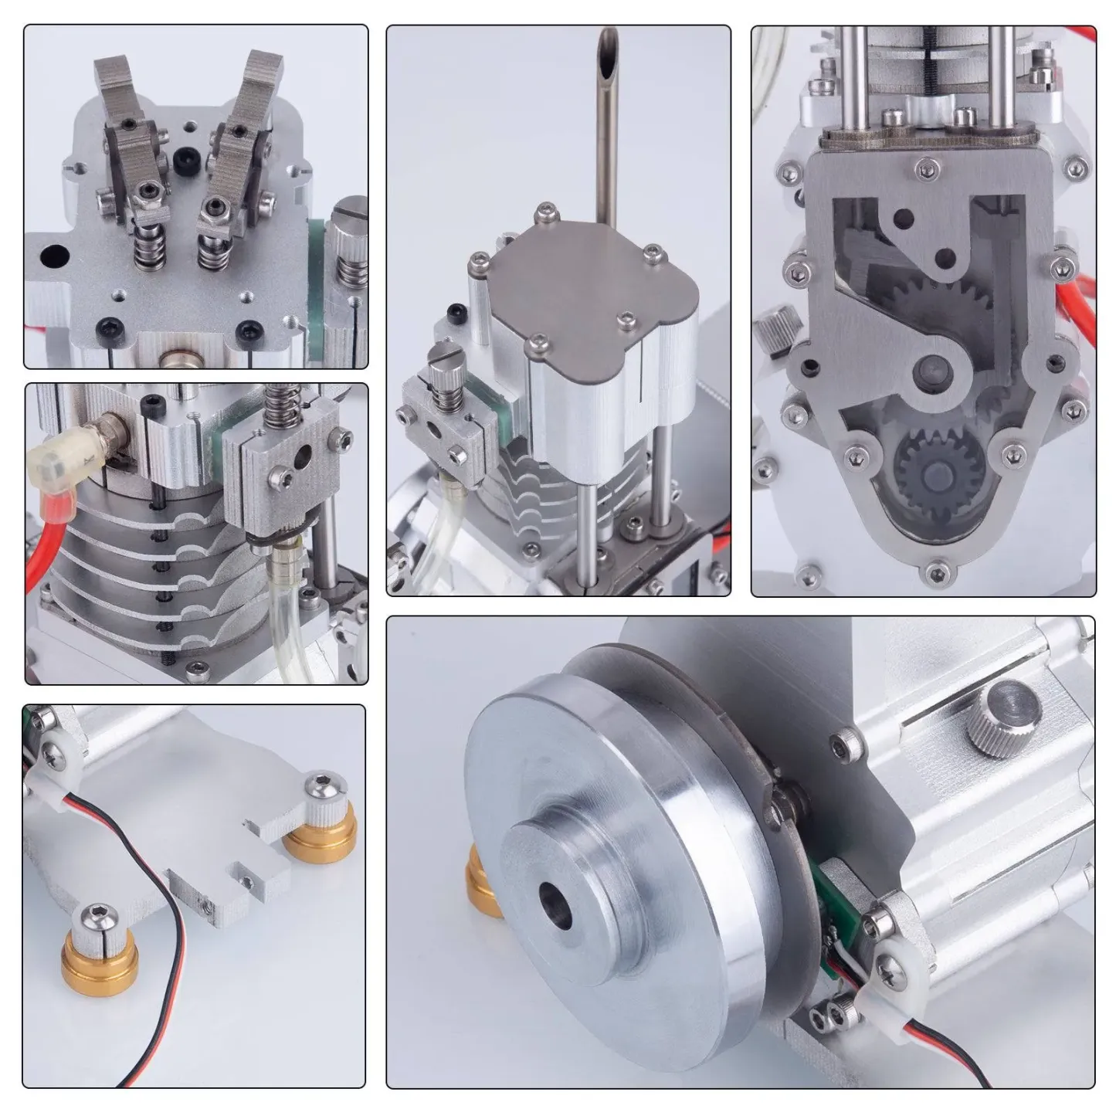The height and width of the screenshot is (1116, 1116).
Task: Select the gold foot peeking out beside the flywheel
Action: click(483, 888)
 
